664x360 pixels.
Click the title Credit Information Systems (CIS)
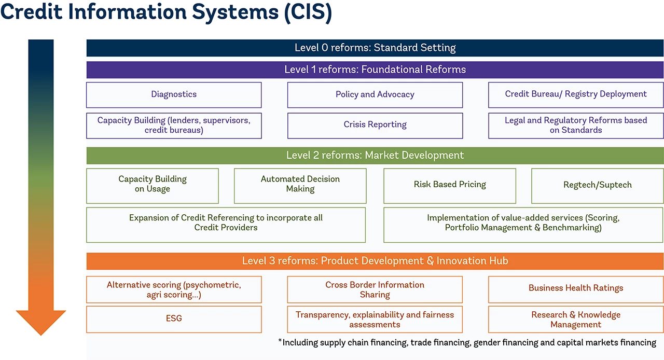[166, 13]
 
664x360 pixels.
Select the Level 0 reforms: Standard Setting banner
[375, 48]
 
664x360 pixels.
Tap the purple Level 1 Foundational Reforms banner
[375, 70]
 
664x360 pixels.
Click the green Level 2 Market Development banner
[375, 156]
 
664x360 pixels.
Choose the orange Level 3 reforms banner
[375, 261]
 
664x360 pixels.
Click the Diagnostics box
[174, 94]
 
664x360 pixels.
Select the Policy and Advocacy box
[375, 94]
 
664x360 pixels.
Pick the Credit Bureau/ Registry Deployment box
[576, 94]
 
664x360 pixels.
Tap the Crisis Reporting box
[375, 125]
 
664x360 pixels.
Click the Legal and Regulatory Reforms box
[576, 125]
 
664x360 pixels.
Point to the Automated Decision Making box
[300, 185]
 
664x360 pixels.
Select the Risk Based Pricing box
[450, 185]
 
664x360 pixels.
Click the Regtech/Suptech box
[598, 185]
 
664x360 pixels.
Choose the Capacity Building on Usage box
[153, 185]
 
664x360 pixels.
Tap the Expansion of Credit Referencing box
[226, 224]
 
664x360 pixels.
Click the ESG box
[174, 319]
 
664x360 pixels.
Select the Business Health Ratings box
[576, 289]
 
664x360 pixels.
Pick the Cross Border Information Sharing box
[375, 289]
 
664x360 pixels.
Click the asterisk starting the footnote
[280, 342]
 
